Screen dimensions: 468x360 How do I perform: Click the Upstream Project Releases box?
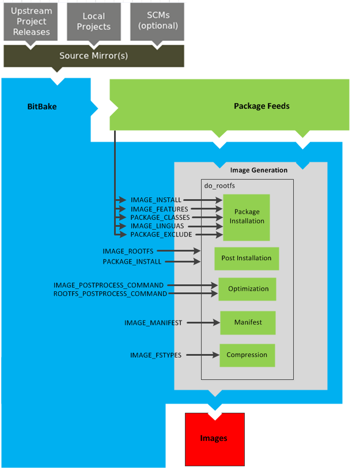(31, 22)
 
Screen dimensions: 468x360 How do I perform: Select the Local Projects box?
(93, 22)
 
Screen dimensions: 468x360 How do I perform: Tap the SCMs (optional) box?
(158, 21)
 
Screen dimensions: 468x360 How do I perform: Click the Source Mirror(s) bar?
(93, 56)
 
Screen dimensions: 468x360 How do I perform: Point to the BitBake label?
(42, 106)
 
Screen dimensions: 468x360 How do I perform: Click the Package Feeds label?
(261, 106)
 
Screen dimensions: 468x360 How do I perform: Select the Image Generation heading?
(259, 170)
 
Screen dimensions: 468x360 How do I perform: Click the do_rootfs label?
(220, 186)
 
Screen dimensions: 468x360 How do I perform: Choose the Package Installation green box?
(247, 216)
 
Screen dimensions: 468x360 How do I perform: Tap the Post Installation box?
(246, 258)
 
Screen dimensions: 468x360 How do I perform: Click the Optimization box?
(248, 289)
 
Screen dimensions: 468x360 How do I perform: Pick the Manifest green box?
(248, 322)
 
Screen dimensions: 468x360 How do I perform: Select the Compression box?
(247, 355)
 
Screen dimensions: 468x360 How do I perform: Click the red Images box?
(214, 439)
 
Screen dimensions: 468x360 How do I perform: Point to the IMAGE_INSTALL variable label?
(156, 200)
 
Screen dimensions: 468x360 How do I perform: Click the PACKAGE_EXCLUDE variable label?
(161, 235)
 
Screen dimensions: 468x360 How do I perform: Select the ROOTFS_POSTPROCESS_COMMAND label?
(110, 294)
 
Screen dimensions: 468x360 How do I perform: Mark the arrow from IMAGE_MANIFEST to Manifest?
(201, 323)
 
